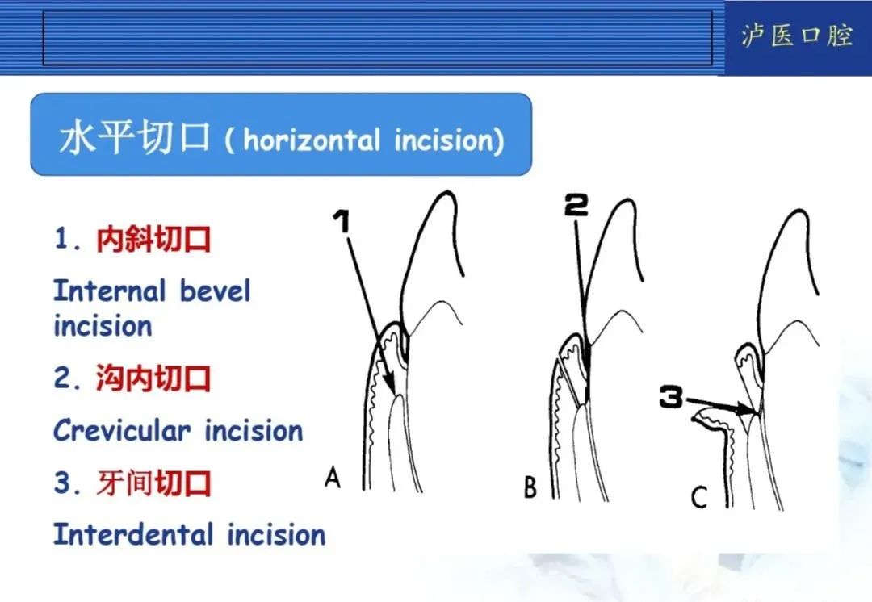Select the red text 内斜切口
click(x=153, y=240)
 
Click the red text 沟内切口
click(x=153, y=378)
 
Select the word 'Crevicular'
click(x=122, y=430)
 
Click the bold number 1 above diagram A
click(x=342, y=220)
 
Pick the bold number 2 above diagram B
click(x=576, y=207)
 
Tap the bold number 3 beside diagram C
click(x=672, y=397)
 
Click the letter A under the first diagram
click(x=332, y=479)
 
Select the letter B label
click(x=530, y=488)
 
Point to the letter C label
click(x=699, y=498)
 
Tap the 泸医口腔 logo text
click(x=797, y=36)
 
